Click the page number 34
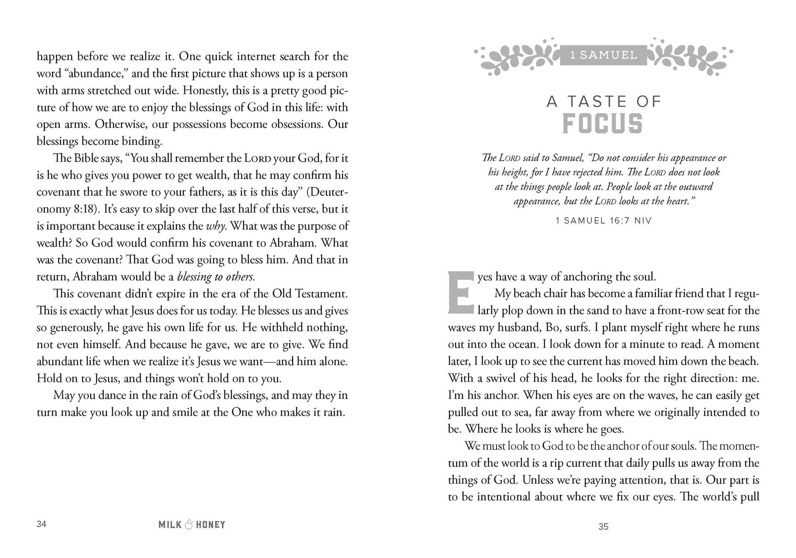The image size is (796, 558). point(41,524)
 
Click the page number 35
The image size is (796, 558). point(603,527)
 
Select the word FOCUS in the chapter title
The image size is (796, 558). point(602,124)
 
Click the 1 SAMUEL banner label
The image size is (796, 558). point(603,55)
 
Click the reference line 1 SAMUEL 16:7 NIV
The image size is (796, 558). point(603,220)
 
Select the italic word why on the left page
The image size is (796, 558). point(216,226)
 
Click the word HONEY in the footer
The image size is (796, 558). point(210,525)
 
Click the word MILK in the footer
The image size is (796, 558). point(170,525)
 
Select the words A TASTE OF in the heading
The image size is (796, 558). point(603,102)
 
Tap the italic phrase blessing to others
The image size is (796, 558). point(215,277)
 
